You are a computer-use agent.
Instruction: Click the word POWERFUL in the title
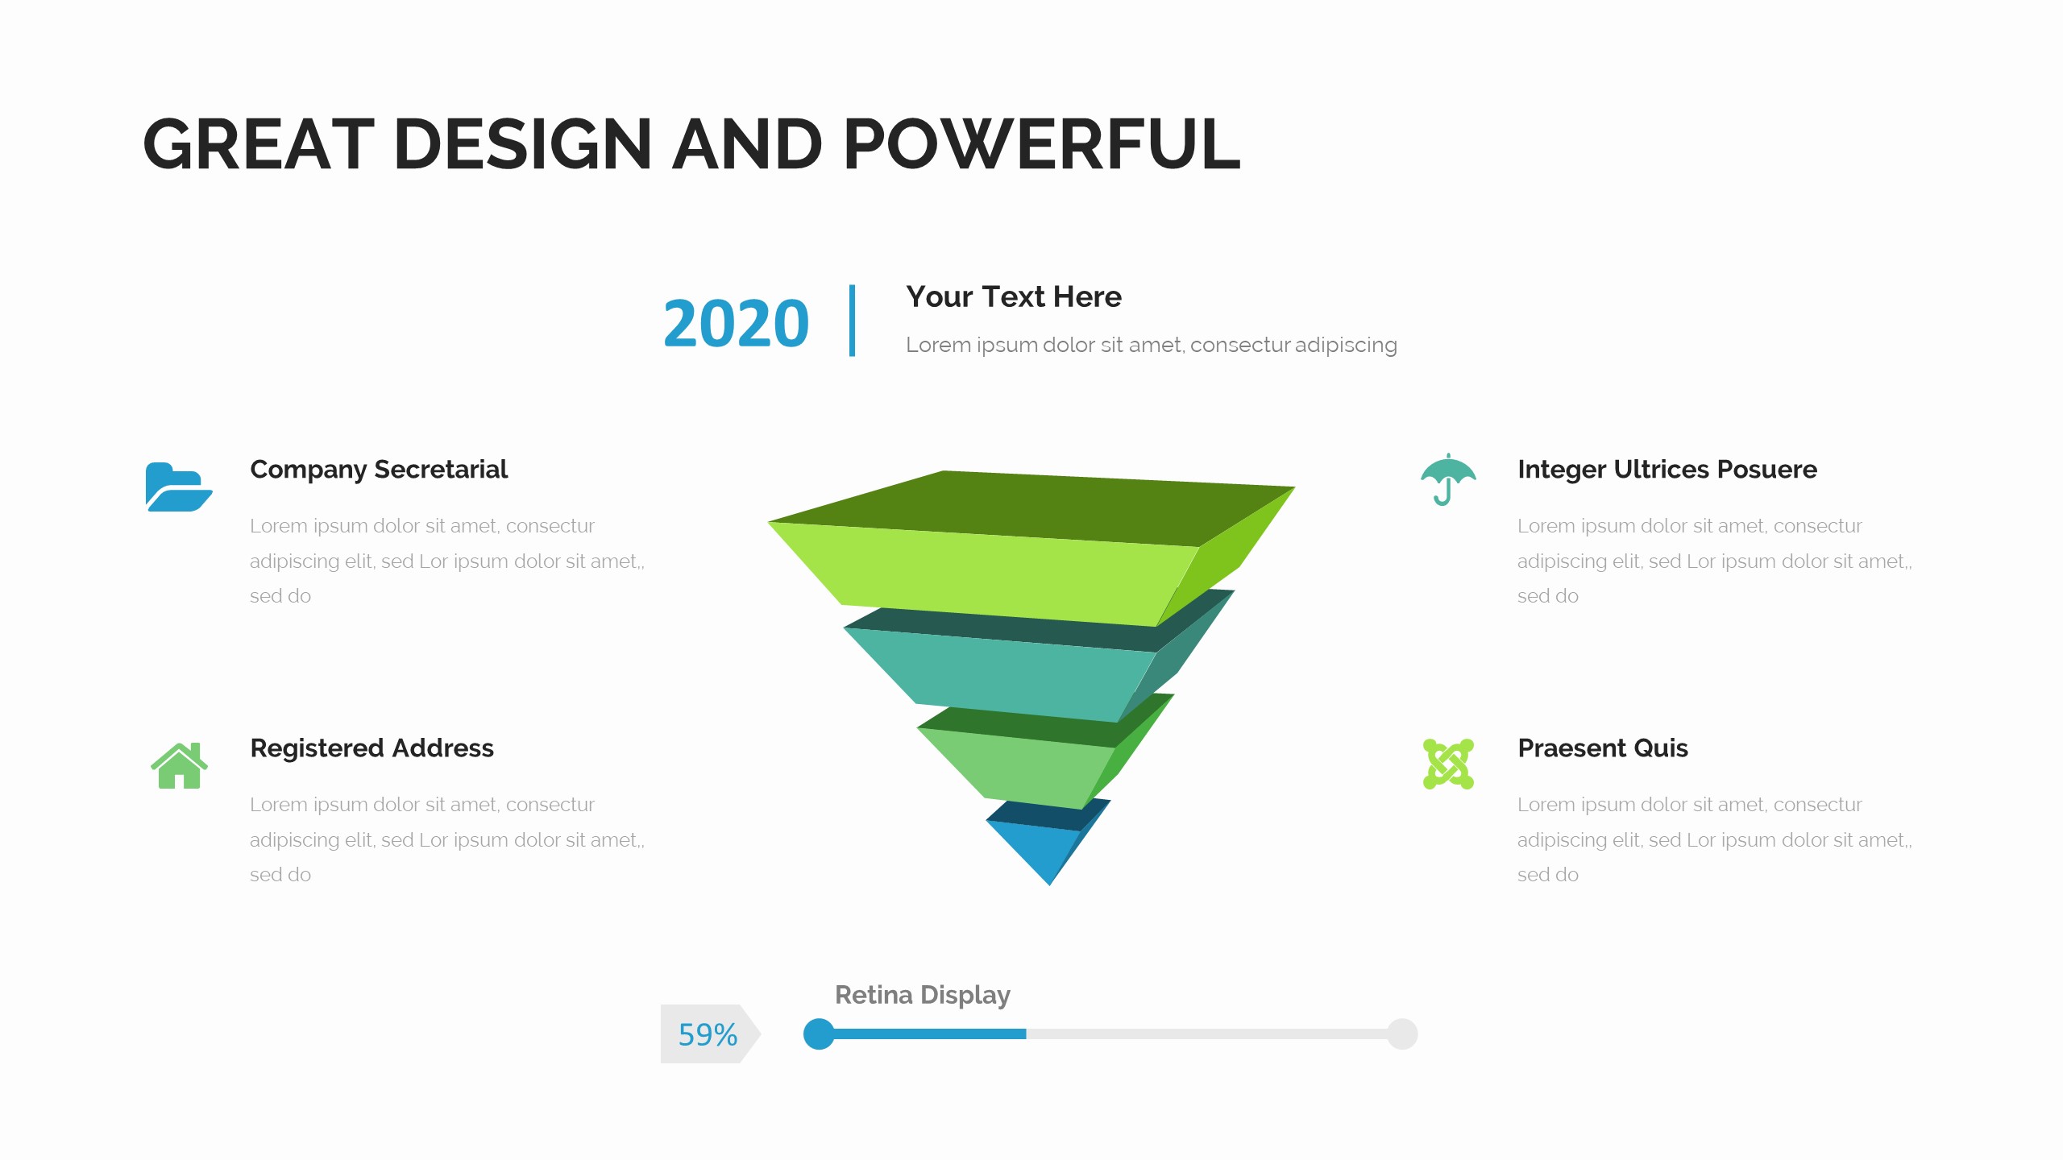(x=1041, y=145)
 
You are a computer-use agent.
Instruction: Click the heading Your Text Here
(x=1013, y=296)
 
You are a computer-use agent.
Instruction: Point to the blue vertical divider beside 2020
(x=852, y=321)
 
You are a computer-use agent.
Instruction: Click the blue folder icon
(x=177, y=487)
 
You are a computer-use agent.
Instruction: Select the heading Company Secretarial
(x=379, y=469)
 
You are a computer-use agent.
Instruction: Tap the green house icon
(x=179, y=765)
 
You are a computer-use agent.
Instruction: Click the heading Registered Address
(x=372, y=748)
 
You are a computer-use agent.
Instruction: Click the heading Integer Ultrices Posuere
(x=1667, y=469)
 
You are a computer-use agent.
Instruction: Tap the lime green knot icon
(x=1448, y=764)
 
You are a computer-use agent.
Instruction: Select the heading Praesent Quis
(x=1602, y=748)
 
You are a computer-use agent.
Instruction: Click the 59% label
(x=708, y=1034)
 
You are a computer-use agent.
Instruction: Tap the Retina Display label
(x=922, y=995)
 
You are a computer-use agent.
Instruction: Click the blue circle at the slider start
(x=819, y=1034)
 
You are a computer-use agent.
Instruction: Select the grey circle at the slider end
(x=1402, y=1034)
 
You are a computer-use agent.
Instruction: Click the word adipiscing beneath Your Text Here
(x=1346, y=345)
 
